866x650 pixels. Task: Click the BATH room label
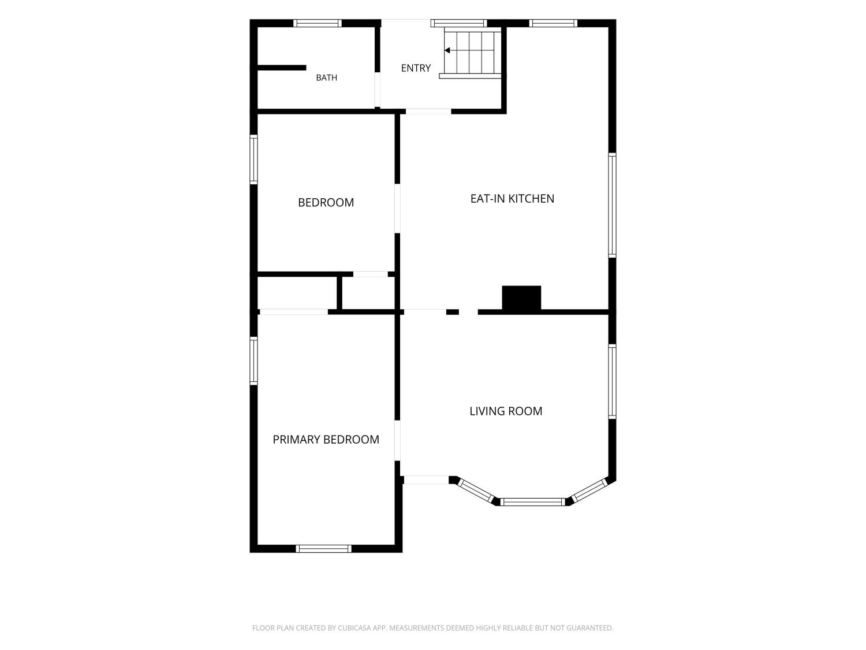[326, 78]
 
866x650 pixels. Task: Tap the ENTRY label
[416, 68]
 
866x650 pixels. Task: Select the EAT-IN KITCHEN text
[512, 199]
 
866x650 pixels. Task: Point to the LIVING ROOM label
[505, 411]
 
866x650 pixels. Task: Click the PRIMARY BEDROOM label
[326, 440]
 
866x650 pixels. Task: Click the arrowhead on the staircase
[447, 50]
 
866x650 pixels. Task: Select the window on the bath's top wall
[317, 23]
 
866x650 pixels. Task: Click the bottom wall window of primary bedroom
[323, 548]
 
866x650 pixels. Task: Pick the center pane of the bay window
[533, 502]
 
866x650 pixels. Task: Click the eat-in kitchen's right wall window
[611, 205]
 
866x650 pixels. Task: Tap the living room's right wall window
[611, 382]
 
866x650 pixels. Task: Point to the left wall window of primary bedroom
[253, 361]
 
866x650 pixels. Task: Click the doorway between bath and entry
[377, 90]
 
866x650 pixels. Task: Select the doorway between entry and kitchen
[428, 112]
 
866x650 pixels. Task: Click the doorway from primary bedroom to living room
[397, 441]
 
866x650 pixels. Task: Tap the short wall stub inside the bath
[282, 68]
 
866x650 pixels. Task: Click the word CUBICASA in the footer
[354, 628]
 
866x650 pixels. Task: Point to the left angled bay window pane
[475, 491]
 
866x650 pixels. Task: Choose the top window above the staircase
[458, 23]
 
